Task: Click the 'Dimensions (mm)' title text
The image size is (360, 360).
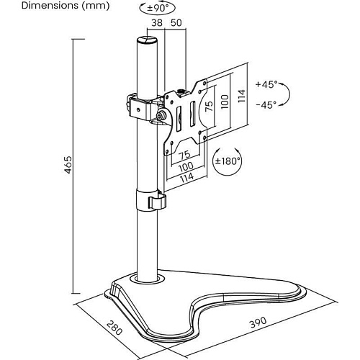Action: point(66,6)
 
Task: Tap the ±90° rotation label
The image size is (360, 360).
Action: point(158,8)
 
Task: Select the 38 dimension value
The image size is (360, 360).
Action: point(157,23)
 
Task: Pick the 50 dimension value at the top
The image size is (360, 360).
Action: point(176,23)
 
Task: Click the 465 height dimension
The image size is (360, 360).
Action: point(68,165)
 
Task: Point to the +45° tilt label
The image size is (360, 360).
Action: point(266,84)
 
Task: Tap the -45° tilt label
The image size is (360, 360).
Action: point(266,104)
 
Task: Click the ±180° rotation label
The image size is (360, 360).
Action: point(228,161)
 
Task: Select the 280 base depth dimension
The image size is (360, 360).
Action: point(114,328)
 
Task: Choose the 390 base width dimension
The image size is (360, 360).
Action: point(258,323)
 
